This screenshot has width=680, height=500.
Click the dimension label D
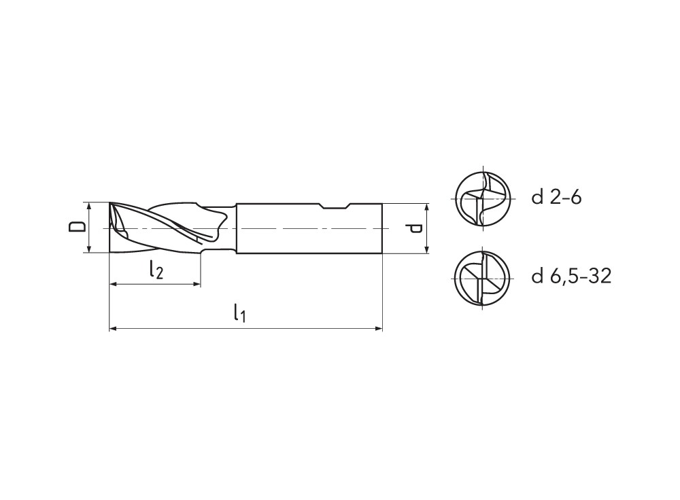pos(79,227)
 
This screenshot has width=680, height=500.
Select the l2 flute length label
pos(156,271)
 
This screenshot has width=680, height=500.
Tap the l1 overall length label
pos(239,313)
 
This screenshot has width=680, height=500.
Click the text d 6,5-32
pos(571,276)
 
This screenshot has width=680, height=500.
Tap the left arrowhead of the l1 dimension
pos(113,329)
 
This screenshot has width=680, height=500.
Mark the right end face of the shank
pos(381,228)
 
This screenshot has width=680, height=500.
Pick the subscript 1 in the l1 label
pos(243,317)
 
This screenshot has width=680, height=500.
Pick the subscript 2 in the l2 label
pos(160,274)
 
